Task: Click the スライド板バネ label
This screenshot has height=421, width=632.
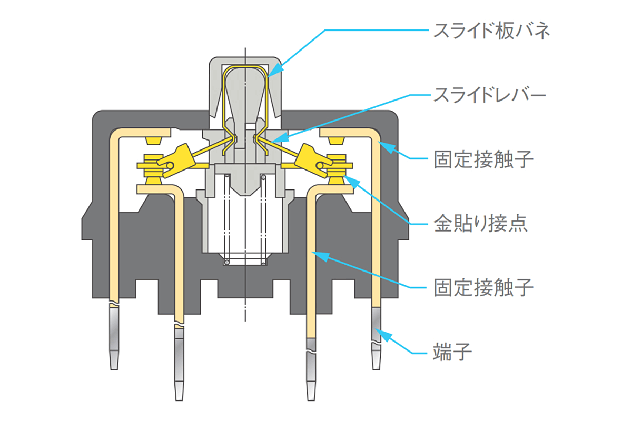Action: [491, 31]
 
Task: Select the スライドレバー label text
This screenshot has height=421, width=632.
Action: [489, 95]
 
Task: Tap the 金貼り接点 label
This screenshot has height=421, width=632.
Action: [480, 224]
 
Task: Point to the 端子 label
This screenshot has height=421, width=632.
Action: [452, 352]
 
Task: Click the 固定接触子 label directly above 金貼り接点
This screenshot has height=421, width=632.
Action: [483, 159]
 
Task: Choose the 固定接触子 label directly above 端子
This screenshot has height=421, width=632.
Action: [483, 287]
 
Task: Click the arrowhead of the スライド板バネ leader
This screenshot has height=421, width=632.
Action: [275, 70]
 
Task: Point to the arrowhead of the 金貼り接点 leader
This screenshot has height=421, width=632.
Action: [352, 182]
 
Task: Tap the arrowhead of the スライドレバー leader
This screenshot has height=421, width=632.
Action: [280, 137]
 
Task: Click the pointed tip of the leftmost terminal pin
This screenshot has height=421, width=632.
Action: [114, 369]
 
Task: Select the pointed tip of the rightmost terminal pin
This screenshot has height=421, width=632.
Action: [376, 369]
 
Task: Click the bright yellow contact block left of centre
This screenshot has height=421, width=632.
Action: [176, 161]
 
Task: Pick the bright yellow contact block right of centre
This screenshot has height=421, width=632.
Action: [313, 161]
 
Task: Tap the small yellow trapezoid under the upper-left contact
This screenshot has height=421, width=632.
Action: [153, 141]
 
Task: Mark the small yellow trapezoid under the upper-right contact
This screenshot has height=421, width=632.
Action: [337, 141]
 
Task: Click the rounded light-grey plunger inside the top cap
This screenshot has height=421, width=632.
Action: [245, 96]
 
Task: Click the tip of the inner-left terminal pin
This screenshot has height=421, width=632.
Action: [179, 400]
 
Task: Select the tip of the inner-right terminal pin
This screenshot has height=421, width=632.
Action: [311, 400]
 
